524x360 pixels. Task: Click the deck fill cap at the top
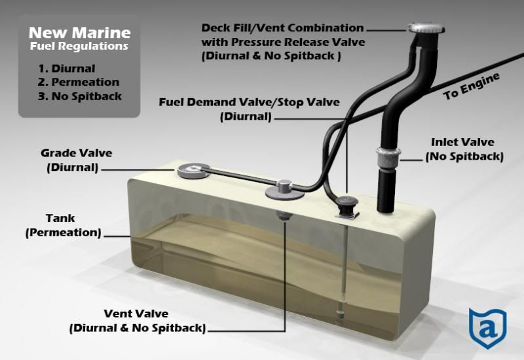(x=426, y=27)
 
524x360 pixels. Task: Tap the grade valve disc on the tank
(x=193, y=170)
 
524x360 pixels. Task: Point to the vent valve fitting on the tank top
(x=285, y=189)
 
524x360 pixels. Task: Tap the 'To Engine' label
(x=471, y=86)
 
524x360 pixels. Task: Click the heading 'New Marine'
(x=79, y=33)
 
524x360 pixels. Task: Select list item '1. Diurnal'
(x=67, y=69)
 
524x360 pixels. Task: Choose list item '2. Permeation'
(x=79, y=82)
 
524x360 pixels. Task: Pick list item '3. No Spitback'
(x=79, y=96)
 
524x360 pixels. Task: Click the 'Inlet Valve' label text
(x=462, y=142)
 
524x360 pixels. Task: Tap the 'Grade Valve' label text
(x=76, y=153)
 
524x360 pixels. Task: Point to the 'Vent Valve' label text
(x=136, y=314)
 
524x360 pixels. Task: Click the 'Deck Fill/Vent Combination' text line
(x=282, y=27)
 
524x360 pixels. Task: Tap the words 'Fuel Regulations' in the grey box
(x=79, y=46)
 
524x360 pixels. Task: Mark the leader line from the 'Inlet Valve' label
(x=411, y=160)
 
